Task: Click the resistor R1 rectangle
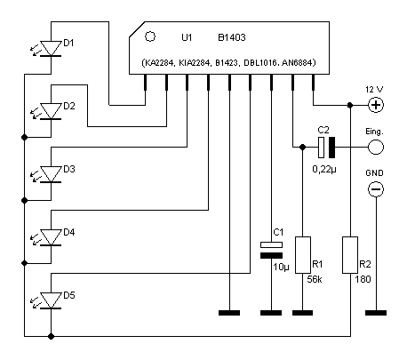303,255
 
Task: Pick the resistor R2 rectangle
350,255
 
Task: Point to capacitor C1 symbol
271,250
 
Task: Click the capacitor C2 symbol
326,148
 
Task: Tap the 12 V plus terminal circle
376,105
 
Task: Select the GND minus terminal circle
376,189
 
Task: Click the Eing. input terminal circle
376,148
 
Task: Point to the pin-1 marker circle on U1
150,36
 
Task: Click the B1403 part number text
232,37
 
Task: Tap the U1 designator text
187,37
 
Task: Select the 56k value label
315,279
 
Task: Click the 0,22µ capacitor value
324,170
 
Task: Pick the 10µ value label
281,268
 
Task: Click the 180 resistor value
363,279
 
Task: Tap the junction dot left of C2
302,148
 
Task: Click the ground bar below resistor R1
302,313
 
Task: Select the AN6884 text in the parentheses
299,63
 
